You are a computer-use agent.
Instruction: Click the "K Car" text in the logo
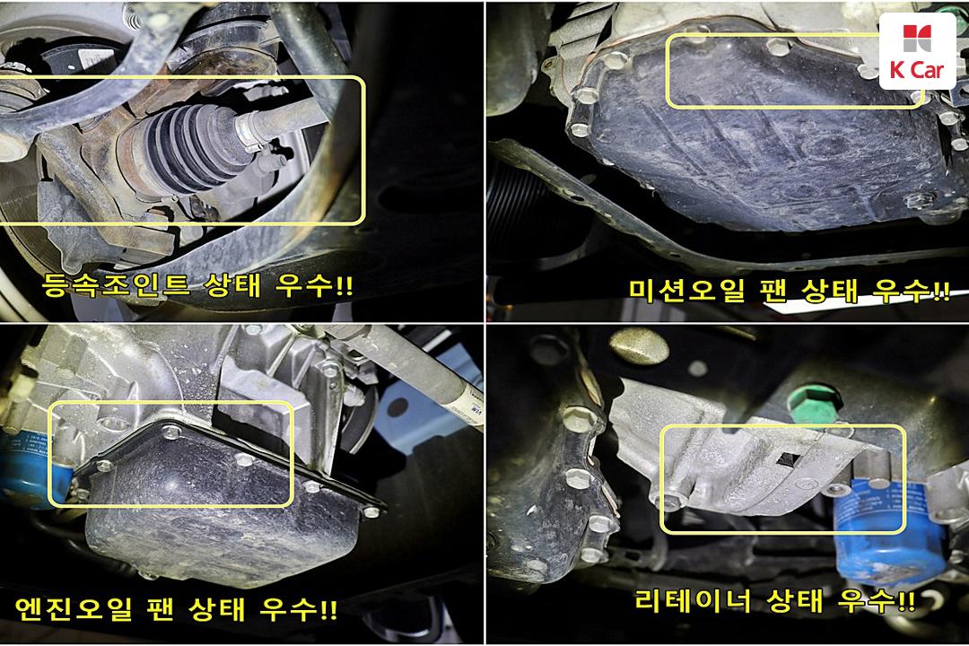pyautogui.click(x=917, y=70)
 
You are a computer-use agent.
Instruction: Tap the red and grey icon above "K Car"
pyautogui.click(x=917, y=39)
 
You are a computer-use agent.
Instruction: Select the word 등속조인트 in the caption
pyautogui.click(x=116, y=284)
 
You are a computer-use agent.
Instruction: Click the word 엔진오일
pyautogui.click(x=73, y=609)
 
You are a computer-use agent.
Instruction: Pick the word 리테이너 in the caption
pyautogui.click(x=693, y=599)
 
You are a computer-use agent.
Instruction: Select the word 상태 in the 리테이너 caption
pyautogui.click(x=795, y=599)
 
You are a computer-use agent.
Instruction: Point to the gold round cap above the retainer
pyautogui.click(x=639, y=347)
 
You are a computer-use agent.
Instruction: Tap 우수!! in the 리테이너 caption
pyautogui.click(x=877, y=599)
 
